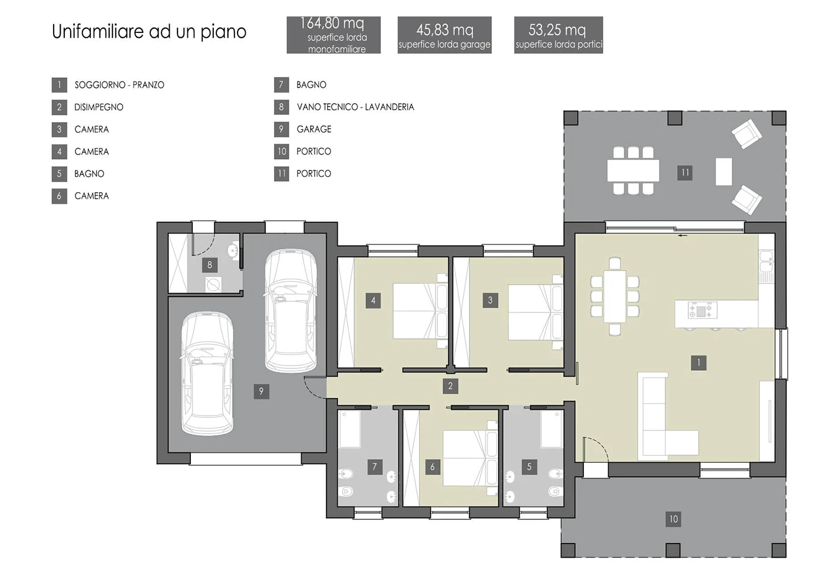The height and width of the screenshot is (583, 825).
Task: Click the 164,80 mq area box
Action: (x=334, y=35)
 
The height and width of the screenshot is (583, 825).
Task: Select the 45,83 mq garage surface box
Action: (x=444, y=35)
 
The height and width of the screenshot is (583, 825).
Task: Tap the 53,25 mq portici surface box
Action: (x=559, y=35)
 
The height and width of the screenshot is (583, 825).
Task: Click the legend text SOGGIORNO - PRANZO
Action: (x=119, y=85)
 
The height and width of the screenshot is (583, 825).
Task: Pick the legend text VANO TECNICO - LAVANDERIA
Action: (x=355, y=107)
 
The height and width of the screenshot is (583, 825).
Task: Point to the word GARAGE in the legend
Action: (x=313, y=129)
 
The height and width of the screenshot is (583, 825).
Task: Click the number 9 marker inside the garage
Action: (x=262, y=391)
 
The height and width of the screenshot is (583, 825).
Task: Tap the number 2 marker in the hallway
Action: (x=450, y=386)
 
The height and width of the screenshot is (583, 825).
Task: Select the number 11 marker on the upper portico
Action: (x=685, y=173)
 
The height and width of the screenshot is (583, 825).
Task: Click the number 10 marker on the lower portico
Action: (x=673, y=519)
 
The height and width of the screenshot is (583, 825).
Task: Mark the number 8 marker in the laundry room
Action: (x=210, y=265)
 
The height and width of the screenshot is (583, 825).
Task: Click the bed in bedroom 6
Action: (x=470, y=458)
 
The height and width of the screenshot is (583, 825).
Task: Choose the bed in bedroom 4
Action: (x=420, y=311)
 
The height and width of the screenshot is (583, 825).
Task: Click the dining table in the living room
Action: (x=615, y=297)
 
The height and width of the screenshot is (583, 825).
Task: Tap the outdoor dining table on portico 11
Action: (x=633, y=170)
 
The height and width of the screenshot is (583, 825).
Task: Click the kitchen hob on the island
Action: (x=702, y=310)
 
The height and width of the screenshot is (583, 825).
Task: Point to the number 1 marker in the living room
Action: (x=699, y=363)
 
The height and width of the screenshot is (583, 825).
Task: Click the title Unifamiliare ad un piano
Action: (x=149, y=32)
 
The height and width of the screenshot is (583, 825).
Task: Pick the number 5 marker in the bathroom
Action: (x=529, y=467)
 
